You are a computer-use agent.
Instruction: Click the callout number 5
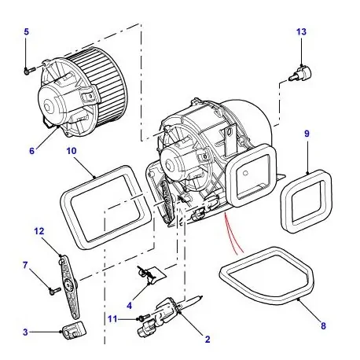25,31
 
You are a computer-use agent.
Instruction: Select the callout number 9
307,134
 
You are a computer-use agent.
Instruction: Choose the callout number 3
24,332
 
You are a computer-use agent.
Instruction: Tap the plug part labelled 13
299,73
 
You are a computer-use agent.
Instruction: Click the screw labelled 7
53,289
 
